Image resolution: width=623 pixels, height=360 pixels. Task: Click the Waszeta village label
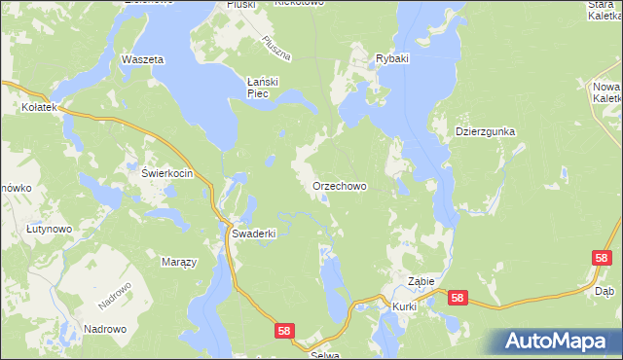(141, 59)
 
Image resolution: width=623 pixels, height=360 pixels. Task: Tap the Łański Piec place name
(263, 88)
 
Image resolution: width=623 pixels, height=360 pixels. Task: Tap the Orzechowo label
(339, 185)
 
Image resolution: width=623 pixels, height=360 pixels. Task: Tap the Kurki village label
(405, 306)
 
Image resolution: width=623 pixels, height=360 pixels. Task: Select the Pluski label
(238, 4)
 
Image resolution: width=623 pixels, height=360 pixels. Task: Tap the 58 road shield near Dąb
(602, 257)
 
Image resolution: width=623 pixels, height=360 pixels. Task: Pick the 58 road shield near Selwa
(283, 331)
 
